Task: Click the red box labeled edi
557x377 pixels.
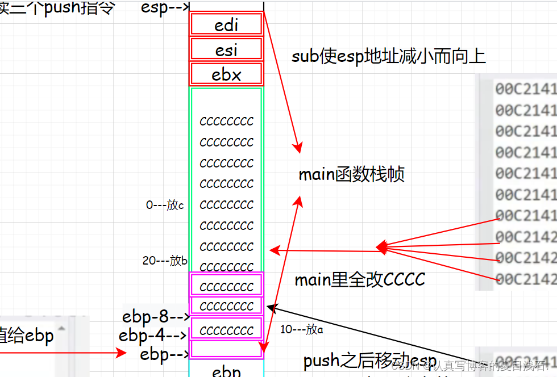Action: point(226,24)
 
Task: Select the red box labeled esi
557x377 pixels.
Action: point(226,49)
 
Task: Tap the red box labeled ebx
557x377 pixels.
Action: point(226,74)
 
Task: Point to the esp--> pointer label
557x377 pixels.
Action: point(165,9)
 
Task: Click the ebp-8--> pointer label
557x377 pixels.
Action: point(155,316)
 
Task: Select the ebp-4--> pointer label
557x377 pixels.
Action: point(153,335)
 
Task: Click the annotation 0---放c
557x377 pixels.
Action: point(165,205)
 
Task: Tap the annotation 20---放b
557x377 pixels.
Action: point(165,261)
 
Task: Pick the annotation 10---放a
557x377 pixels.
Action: point(302,329)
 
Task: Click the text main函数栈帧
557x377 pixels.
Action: point(351,174)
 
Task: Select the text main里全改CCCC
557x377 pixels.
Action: point(360,279)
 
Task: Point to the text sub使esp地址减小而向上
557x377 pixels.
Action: point(389,57)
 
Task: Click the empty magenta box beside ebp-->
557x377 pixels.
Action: point(226,349)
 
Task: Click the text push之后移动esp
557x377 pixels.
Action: point(370,361)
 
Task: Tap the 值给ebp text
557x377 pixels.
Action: point(27,336)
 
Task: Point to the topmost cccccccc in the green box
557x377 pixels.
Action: point(226,121)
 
